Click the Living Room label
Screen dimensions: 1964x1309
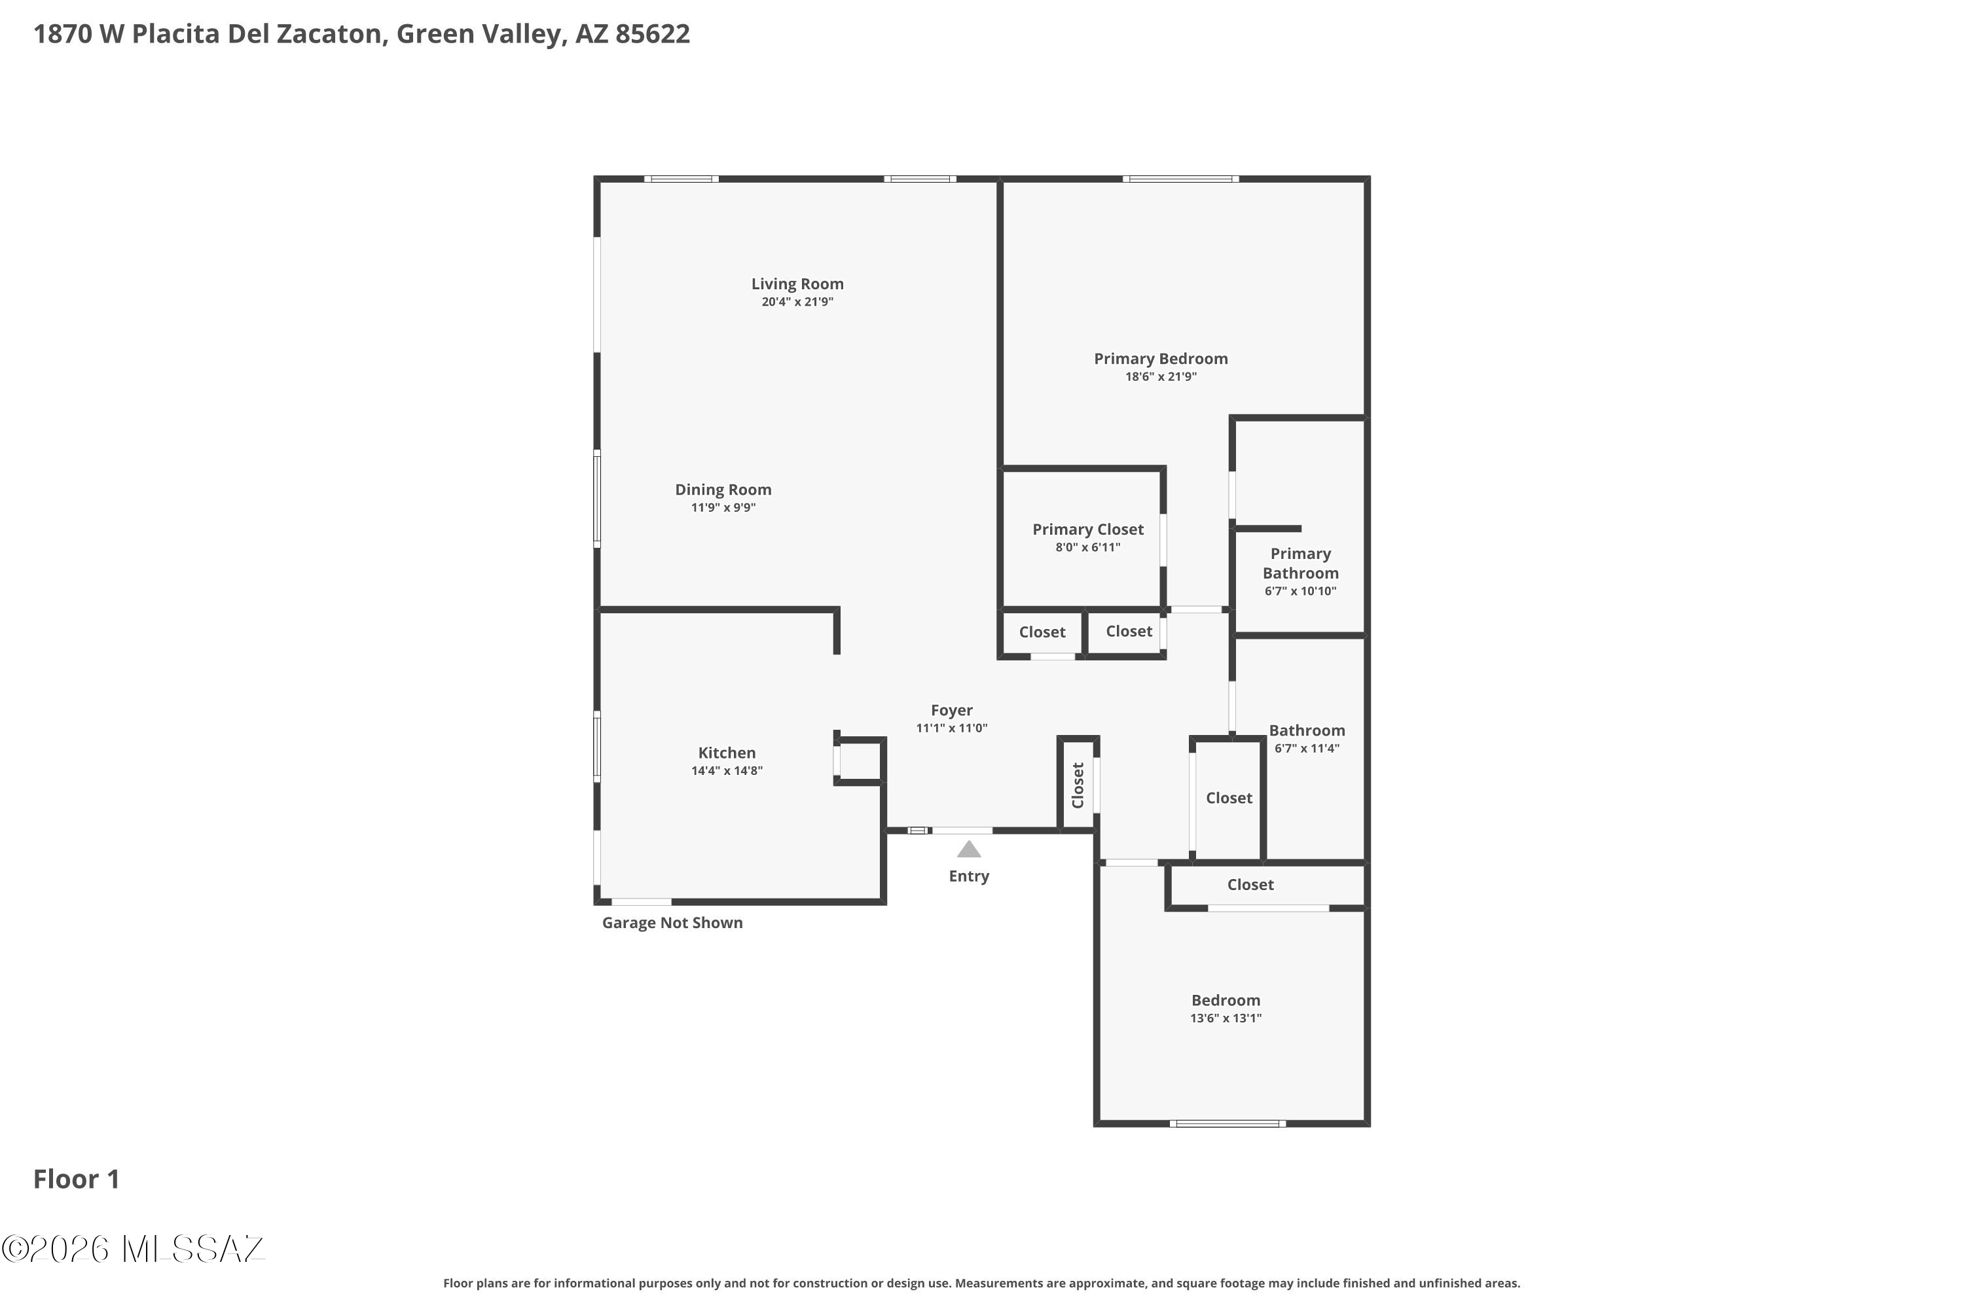click(x=797, y=284)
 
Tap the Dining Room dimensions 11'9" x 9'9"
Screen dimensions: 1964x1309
click(x=723, y=508)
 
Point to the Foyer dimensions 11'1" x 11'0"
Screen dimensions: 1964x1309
click(x=951, y=728)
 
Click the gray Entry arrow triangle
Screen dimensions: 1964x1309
click(x=969, y=850)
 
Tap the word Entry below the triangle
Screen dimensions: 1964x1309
click(x=969, y=876)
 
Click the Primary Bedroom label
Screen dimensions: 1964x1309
click(x=1161, y=359)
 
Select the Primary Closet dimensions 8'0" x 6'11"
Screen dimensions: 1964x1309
click(x=1087, y=548)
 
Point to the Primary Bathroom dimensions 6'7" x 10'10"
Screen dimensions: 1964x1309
click(x=1300, y=591)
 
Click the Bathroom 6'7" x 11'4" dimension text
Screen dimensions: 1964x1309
click(x=1307, y=748)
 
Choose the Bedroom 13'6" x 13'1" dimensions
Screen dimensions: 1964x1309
click(x=1226, y=1018)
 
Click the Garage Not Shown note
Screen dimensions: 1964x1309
click(x=672, y=922)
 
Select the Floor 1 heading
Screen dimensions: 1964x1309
click(x=76, y=1179)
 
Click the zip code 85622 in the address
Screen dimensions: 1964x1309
click(x=652, y=33)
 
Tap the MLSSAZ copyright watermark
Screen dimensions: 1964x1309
click(x=133, y=1249)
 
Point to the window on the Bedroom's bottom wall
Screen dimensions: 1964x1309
click(x=1227, y=1123)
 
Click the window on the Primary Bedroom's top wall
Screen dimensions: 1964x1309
click(x=1181, y=179)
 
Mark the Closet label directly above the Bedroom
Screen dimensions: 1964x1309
click(x=1250, y=885)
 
